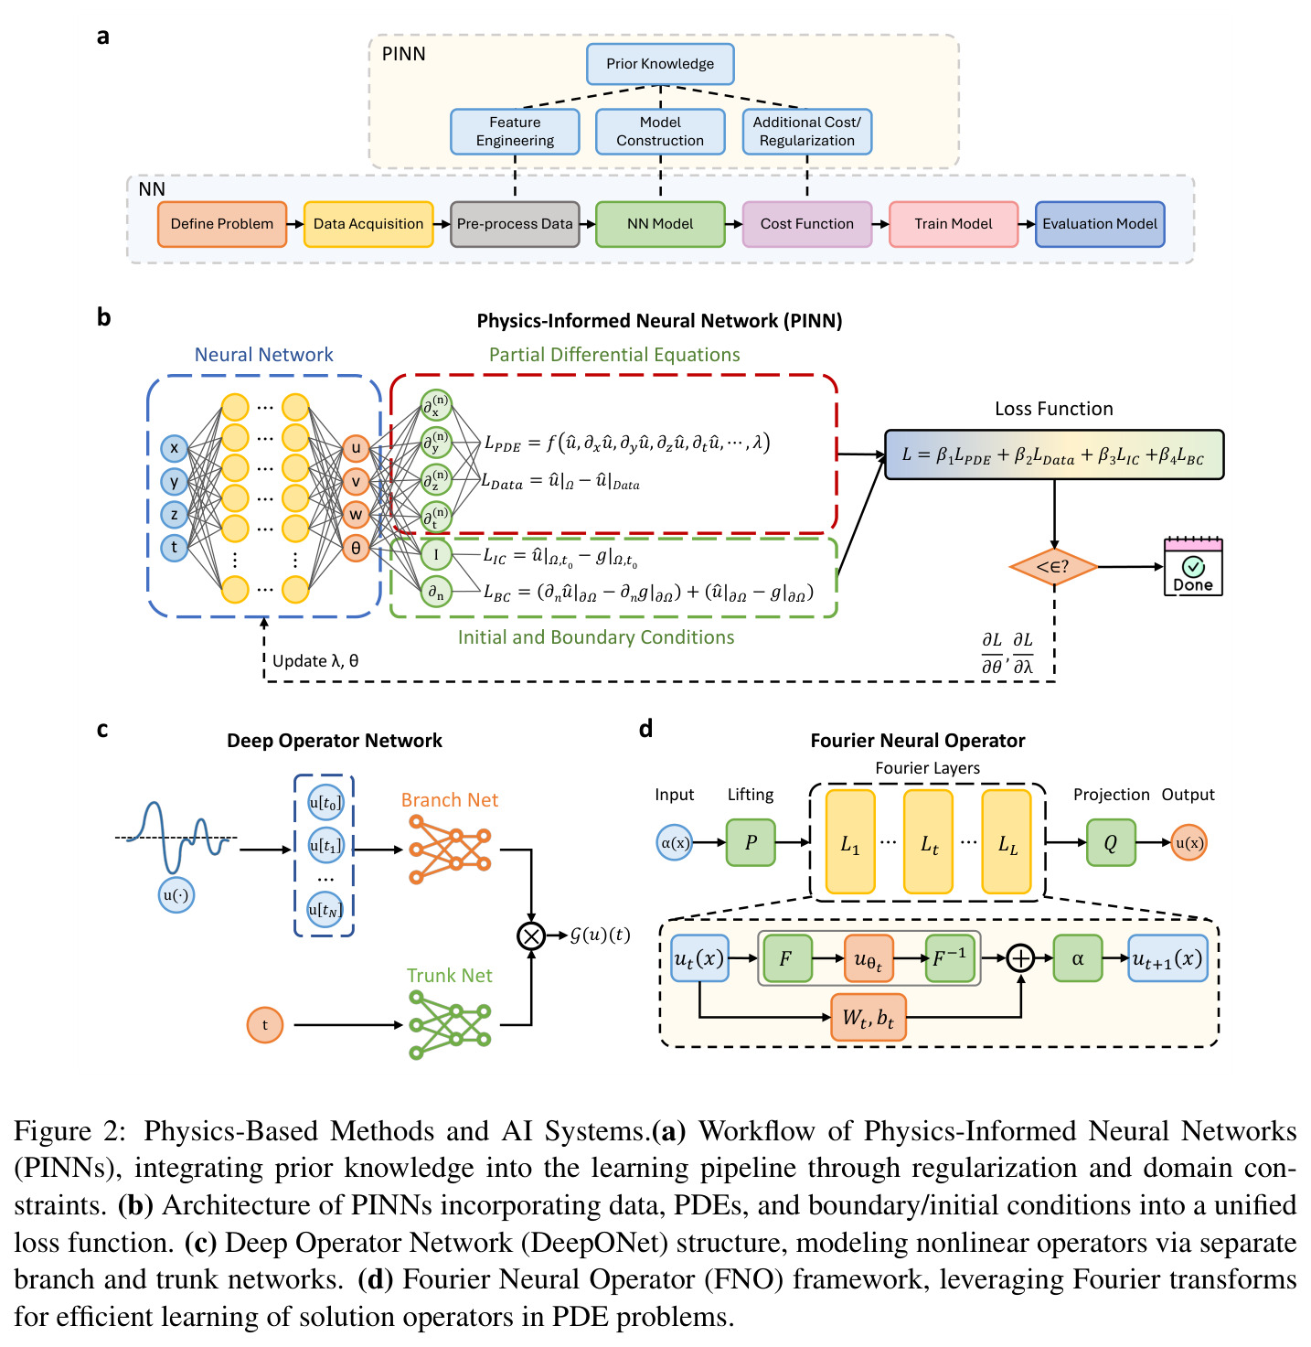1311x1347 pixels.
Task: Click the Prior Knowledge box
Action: click(x=660, y=64)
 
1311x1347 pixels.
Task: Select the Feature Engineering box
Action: click(x=515, y=131)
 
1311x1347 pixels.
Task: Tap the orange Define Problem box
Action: click(x=221, y=223)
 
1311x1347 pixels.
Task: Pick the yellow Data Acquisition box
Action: click(x=368, y=223)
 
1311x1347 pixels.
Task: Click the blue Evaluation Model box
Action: click(x=1099, y=223)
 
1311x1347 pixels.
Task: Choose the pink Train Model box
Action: click(x=954, y=223)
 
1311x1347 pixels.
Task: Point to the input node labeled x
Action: click(x=175, y=448)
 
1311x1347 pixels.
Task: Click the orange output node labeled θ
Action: click(x=356, y=548)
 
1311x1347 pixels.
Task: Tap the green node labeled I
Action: click(x=436, y=554)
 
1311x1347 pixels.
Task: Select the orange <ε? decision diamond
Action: click(x=1053, y=567)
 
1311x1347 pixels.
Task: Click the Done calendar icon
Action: click(x=1193, y=566)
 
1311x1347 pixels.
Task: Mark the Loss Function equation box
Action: click(x=1053, y=454)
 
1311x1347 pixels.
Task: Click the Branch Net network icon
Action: click(x=450, y=849)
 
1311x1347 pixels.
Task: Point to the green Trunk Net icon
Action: click(x=450, y=1024)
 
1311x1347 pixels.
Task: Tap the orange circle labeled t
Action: click(x=264, y=1024)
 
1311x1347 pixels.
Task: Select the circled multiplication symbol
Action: click(x=531, y=935)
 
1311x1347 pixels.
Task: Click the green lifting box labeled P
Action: click(x=751, y=842)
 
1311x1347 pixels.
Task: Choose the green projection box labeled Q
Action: click(x=1110, y=842)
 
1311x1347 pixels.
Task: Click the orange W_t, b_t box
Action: click(x=868, y=1017)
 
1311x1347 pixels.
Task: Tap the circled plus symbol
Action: click(x=1020, y=958)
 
